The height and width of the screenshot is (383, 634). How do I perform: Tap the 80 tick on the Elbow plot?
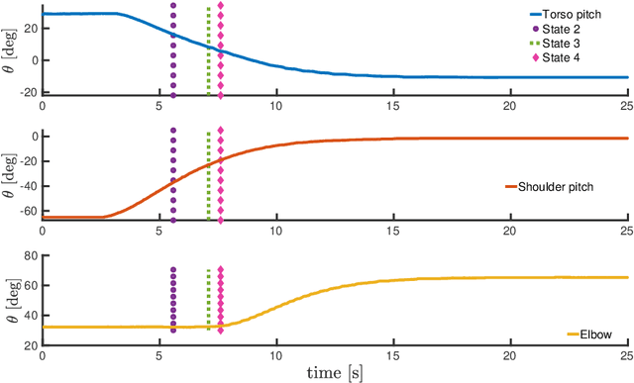29,255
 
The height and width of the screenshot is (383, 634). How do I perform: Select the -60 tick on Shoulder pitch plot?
26,211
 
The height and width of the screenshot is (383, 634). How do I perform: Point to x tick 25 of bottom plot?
625,353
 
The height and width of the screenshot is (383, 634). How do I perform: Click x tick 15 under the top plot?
392,104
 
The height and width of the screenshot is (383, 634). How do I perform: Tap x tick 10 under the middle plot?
275,229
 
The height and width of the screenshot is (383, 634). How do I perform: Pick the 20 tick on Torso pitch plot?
29,29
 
